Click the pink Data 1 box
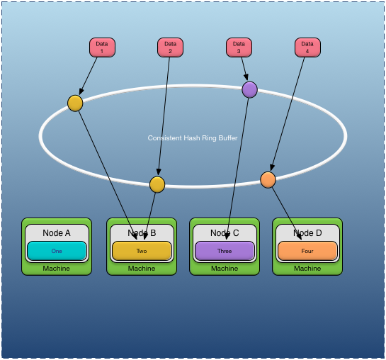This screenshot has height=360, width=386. [102, 47]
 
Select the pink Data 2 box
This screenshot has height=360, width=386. [170, 47]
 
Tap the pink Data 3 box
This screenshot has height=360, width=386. [239, 47]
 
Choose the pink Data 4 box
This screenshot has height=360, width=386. [307, 47]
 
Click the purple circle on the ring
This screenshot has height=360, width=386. [249, 89]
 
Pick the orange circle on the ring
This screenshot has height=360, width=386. [268, 180]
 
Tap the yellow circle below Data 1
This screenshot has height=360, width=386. [75, 103]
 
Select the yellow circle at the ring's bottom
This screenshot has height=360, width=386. [157, 184]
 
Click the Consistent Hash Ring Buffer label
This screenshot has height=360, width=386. [193, 138]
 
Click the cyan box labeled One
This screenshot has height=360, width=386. [57, 251]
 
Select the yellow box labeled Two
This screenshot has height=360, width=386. [142, 251]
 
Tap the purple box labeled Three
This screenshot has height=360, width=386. [225, 251]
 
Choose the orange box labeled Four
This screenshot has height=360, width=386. [307, 251]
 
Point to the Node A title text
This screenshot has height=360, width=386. [57, 233]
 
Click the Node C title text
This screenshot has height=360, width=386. [225, 233]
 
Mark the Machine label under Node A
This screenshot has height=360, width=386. [57, 269]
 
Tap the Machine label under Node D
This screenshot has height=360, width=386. [307, 269]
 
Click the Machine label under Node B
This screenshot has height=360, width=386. [142, 269]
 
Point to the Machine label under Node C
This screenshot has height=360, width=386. [225, 269]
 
